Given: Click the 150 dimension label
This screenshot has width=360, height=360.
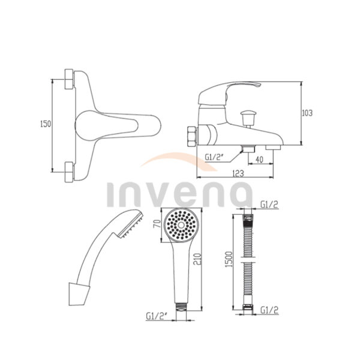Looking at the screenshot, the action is [46, 124].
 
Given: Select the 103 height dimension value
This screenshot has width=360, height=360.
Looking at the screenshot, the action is [307, 113].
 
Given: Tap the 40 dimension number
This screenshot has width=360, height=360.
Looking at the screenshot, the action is [259, 160].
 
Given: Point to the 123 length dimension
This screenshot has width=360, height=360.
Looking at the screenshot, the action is [238, 173].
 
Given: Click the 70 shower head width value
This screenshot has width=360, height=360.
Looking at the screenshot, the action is [157, 224].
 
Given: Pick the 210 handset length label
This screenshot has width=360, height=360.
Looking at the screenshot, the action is [197, 259].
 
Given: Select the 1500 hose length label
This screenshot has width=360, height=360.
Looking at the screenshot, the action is [229, 259].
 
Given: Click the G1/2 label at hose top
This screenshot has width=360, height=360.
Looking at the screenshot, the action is [269, 205].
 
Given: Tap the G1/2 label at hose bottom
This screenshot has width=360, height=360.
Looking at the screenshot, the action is [269, 310].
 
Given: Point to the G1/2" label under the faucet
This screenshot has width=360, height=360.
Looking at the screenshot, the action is [214, 157].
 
